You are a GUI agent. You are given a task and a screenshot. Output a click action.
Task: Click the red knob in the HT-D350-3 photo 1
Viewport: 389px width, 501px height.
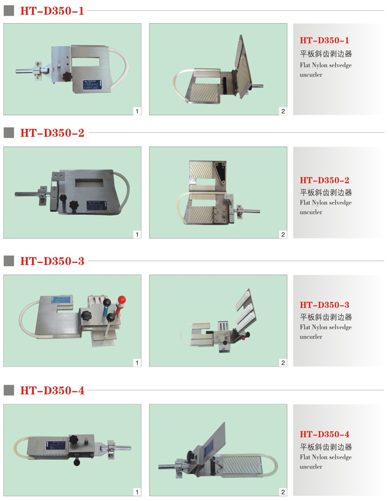122,300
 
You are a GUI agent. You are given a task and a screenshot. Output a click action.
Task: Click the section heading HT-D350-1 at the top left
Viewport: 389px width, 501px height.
52,11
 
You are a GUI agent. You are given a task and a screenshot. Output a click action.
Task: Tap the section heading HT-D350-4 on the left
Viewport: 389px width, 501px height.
52,390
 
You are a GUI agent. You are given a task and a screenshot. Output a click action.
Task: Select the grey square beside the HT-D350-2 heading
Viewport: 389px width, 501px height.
9,133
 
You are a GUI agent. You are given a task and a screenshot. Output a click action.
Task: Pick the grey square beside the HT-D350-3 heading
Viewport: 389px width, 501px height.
9,261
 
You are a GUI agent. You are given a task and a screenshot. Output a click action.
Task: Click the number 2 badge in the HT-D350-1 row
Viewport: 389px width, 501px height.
283,111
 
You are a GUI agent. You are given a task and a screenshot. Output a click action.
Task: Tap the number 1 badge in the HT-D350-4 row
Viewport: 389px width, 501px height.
137,492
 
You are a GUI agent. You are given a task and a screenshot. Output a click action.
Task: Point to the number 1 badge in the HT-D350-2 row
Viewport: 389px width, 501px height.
137,234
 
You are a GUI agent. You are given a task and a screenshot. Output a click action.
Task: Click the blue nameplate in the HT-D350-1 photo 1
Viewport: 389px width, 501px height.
92,85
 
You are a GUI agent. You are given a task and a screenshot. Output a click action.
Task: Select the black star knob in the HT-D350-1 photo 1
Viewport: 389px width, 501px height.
68,77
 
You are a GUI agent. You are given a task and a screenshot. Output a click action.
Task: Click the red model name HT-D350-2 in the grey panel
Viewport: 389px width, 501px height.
324,180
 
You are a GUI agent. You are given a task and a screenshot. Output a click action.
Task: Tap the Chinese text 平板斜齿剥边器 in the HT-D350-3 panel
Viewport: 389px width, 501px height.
326,317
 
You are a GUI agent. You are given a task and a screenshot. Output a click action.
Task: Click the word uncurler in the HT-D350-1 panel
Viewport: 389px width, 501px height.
311,75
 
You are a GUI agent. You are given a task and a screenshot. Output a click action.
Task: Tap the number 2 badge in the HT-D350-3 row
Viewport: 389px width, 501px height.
283,363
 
